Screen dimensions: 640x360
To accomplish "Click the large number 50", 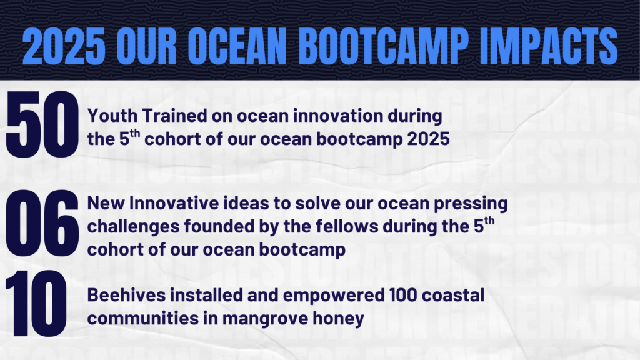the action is click(42, 124).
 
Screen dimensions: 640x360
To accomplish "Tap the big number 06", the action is click(42, 223).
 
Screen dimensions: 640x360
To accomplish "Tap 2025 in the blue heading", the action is click(64, 46).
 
